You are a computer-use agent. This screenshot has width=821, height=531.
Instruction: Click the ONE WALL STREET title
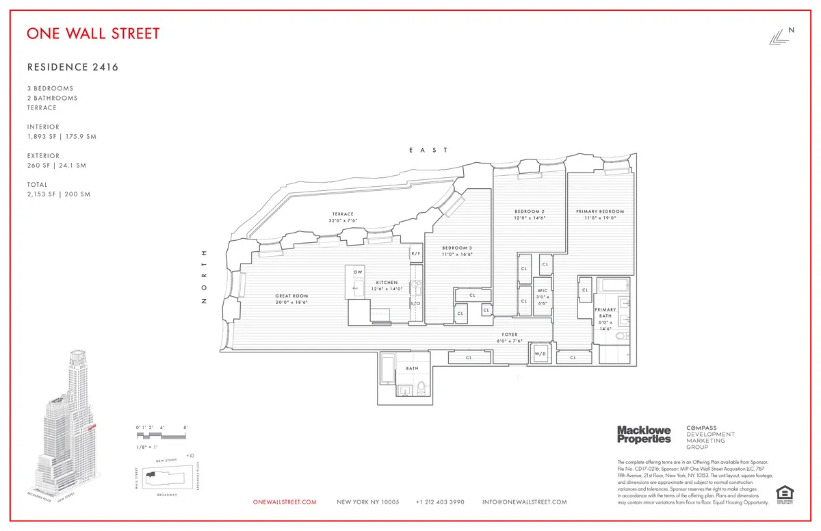[x=94, y=34]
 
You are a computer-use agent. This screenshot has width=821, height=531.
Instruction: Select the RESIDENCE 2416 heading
[x=68, y=67]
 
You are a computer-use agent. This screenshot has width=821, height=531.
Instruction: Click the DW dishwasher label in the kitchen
[x=358, y=272]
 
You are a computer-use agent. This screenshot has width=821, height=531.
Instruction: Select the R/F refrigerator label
[x=415, y=254]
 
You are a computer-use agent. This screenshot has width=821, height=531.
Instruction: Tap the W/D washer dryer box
[x=539, y=354]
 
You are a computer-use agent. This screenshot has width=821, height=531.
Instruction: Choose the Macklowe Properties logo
[x=644, y=434]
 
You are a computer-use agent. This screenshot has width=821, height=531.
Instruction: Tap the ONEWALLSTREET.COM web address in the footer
[x=285, y=502]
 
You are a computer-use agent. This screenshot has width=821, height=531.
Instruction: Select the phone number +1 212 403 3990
[x=440, y=502]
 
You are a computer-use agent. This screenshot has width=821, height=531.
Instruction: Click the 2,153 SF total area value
[x=41, y=194]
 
